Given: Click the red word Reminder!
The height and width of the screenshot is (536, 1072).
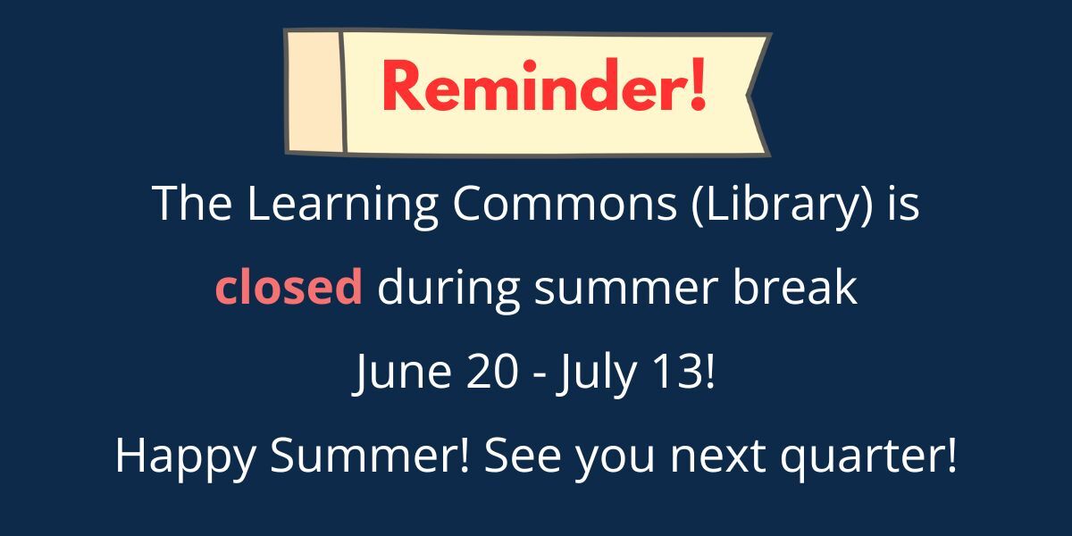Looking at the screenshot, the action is (544, 86).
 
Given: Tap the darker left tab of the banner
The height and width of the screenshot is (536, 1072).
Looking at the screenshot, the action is (314, 91).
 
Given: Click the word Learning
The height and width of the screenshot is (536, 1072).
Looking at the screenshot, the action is (342, 204).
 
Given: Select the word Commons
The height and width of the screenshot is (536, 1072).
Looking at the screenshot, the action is (565, 204).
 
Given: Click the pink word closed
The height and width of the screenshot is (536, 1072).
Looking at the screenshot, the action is (289, 285).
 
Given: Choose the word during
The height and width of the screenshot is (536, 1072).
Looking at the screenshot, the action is (448, 289).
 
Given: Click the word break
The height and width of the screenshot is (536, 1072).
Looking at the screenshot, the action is (794, 285).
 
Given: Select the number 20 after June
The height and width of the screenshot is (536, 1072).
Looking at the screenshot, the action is (492, 371).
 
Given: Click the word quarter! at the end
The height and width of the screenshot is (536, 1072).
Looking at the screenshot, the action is (868, 457).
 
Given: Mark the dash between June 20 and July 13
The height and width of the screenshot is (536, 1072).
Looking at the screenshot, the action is (539, 373).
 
